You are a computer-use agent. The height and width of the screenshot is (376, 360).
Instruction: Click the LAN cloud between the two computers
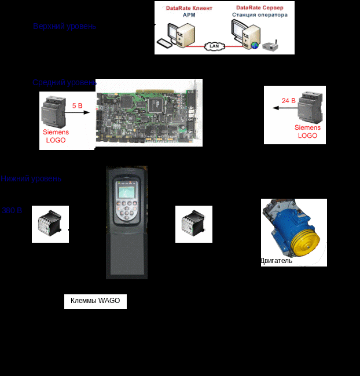coord(216,45)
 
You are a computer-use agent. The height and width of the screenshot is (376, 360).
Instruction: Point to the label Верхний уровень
coord(64,27)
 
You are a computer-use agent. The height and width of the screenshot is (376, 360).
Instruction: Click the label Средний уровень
coord(64,83)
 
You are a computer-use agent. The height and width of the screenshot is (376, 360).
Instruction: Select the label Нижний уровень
coord(31,179)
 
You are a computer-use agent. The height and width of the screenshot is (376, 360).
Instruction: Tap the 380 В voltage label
coord(12,210)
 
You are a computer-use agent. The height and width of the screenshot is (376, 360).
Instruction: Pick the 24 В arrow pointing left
coord(285,108)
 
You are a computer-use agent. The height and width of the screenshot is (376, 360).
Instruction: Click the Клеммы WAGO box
coord(95,301)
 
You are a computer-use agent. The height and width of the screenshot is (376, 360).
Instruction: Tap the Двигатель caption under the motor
coord(276,261)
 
